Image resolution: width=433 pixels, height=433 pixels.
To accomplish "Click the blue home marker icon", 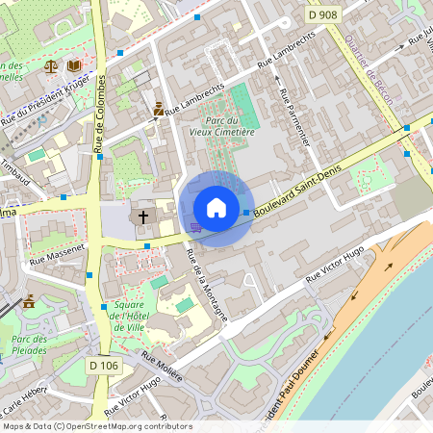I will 216,207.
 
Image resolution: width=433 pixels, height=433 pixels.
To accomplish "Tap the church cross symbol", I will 144,216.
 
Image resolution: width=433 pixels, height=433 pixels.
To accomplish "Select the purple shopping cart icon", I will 195,228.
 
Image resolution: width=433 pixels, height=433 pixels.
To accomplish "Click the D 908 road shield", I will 324,15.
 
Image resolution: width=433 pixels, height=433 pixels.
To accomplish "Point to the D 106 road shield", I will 103,366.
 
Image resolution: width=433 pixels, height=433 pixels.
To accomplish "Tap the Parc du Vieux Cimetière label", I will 221,126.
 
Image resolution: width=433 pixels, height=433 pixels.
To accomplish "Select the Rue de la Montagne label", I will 207,283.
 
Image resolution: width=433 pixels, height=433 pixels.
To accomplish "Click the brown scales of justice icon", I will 50,66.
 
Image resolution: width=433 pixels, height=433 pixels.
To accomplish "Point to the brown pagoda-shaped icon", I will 29,301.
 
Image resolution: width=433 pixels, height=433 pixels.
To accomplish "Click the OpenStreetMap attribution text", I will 96,426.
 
